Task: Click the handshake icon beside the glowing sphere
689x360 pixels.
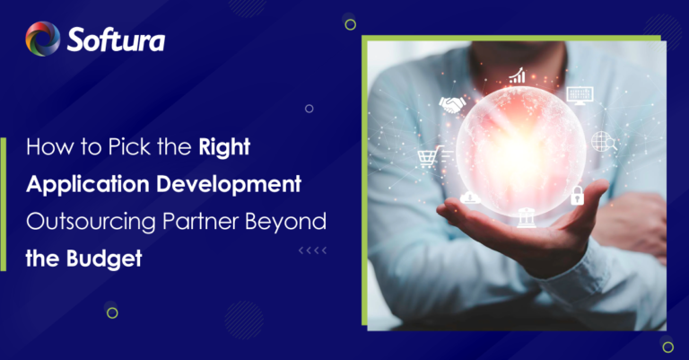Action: coord(452,106)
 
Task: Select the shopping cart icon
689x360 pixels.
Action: coord(429,158)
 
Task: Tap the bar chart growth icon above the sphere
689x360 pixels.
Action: coord(518,76)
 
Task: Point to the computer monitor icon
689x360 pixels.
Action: coord(579,94)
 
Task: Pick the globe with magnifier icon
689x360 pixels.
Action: coord(602,142)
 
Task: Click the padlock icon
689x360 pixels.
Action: coord(578,195)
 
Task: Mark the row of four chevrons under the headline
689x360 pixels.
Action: coord(313,250)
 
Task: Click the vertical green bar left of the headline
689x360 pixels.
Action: coord(4,203)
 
